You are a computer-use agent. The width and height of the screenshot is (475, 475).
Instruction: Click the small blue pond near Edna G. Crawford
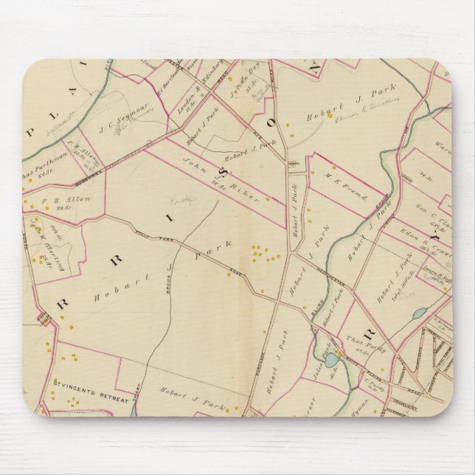(419, 313)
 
